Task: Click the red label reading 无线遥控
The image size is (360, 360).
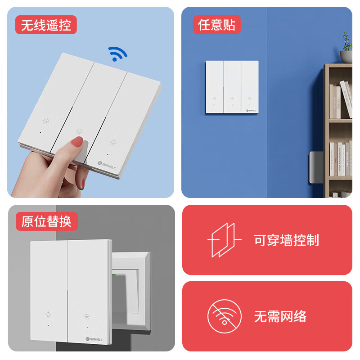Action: click(x=46, y=25)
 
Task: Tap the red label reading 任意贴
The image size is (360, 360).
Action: click(x=217, y=25)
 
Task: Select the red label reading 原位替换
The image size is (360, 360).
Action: click(x=46, y=221)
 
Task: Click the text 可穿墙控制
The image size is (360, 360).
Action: click(x=286, y=240)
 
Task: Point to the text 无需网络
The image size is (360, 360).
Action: click(x=280, y=316)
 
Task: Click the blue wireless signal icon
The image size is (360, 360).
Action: click(x=118, y=54)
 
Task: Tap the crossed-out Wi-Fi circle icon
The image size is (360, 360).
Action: click(x=224, y=316)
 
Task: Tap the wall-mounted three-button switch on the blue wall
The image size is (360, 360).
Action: click(x=232, y=87)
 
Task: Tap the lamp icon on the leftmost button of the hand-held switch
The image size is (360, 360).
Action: click(x=46, y=121)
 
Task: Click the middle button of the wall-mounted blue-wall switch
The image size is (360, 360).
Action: click(x=232, y=87)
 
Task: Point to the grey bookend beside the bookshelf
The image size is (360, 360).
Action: click(x=315, y=168)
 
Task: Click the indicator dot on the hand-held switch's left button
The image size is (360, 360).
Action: click(x=41, y=133)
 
